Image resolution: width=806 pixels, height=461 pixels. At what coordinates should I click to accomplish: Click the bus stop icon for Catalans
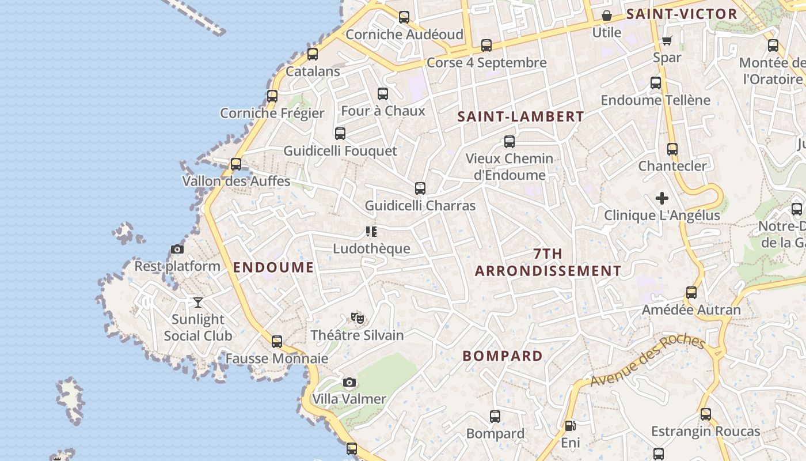(313, 54)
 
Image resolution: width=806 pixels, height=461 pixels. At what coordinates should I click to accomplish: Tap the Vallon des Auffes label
(236, 182)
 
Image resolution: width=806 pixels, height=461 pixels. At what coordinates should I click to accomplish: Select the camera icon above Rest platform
(177, 250)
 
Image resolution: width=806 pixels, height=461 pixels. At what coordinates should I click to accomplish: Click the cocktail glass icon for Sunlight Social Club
(198, 302)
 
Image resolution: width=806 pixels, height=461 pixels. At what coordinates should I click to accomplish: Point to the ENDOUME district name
(273, 267)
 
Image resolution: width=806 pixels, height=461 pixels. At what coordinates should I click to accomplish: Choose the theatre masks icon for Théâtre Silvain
(358, 318)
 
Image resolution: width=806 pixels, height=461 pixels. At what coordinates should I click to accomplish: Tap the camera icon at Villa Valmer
(349, 383)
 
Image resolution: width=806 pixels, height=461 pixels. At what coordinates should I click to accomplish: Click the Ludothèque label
(371, 249)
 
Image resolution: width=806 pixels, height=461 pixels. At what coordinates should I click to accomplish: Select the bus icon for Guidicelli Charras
(420, 188)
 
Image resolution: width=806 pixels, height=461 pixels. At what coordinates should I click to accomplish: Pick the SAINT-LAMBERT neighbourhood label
(520, 116)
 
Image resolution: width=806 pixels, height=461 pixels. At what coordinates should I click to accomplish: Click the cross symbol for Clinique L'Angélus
(662, 198)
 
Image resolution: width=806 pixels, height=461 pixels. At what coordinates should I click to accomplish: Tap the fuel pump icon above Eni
(570, 426)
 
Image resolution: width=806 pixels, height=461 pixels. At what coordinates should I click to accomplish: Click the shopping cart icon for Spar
(667, 40)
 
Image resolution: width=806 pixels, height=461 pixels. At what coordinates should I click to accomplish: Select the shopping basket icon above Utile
(607, 16)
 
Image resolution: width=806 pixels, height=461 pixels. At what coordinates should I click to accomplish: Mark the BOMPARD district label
(503, 356)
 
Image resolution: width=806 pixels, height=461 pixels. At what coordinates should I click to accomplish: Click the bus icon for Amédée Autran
(691, 293)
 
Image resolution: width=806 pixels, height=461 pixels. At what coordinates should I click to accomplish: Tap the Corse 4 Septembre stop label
(486, 63)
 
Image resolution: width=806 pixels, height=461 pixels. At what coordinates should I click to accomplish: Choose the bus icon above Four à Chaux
(383, 94)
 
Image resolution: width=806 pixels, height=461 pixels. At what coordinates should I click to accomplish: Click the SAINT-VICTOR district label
(682, 14)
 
